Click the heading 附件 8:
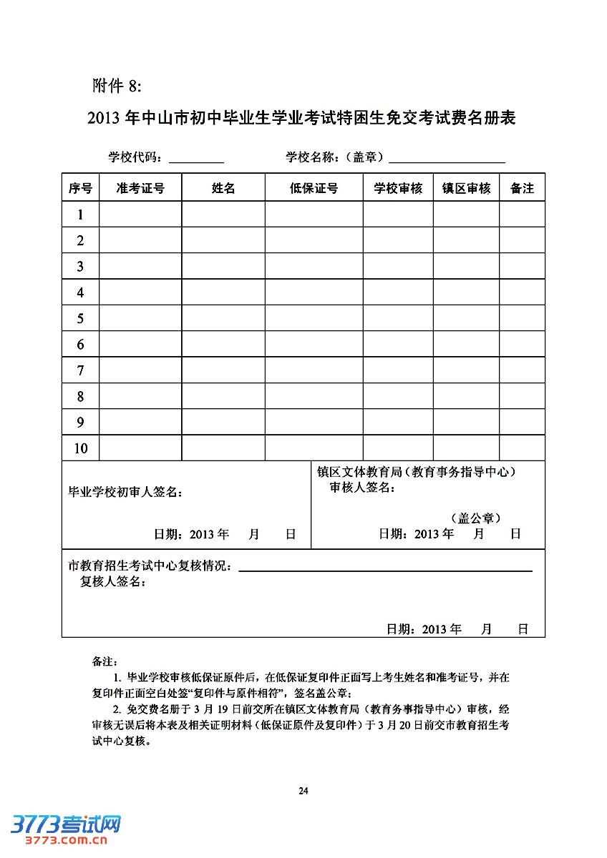[x=117, y=86]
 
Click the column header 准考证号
[x=140, y=188]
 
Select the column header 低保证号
[x=314, y=188]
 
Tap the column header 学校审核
[x=398, y=188]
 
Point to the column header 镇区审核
[x=466, y=188]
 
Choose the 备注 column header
[x=522, y=188]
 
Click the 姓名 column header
[x=223, y=188]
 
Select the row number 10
[x=80, y=448]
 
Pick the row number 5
[x=80, y=318]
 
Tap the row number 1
[x=80, y=214]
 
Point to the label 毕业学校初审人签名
[x=125, y=492]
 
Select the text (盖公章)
[x=475, y=518]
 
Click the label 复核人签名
[x=114, y=582]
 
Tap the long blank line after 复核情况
[x=385, y=570]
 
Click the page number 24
[x=303, y=791]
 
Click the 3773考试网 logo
[x=65, y=828]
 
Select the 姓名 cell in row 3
[x=223, y=266]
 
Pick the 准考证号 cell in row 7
[x=140, y=370]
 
